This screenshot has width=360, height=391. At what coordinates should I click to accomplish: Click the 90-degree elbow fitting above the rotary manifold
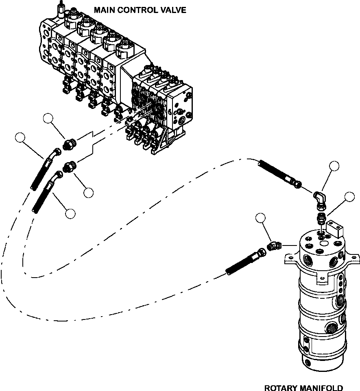pos(319,200)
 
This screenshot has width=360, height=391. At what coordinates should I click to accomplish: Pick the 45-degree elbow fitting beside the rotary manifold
pos(274,245)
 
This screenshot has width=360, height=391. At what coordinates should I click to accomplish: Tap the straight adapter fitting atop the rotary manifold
pos(321,218)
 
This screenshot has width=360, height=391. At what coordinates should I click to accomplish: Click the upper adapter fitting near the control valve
pos(69,144)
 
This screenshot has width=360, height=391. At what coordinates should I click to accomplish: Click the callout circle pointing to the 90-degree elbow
pos(334,166)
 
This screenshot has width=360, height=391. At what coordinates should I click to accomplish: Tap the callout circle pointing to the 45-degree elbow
pos(261,218)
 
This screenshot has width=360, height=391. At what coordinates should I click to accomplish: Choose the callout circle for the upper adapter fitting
pos(48,119)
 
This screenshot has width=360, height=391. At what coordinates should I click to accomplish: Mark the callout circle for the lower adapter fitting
pos(88,193)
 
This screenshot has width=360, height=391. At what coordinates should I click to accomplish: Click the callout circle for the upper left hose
pos(20,138)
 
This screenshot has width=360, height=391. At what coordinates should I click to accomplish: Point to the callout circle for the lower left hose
pos(70,214)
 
